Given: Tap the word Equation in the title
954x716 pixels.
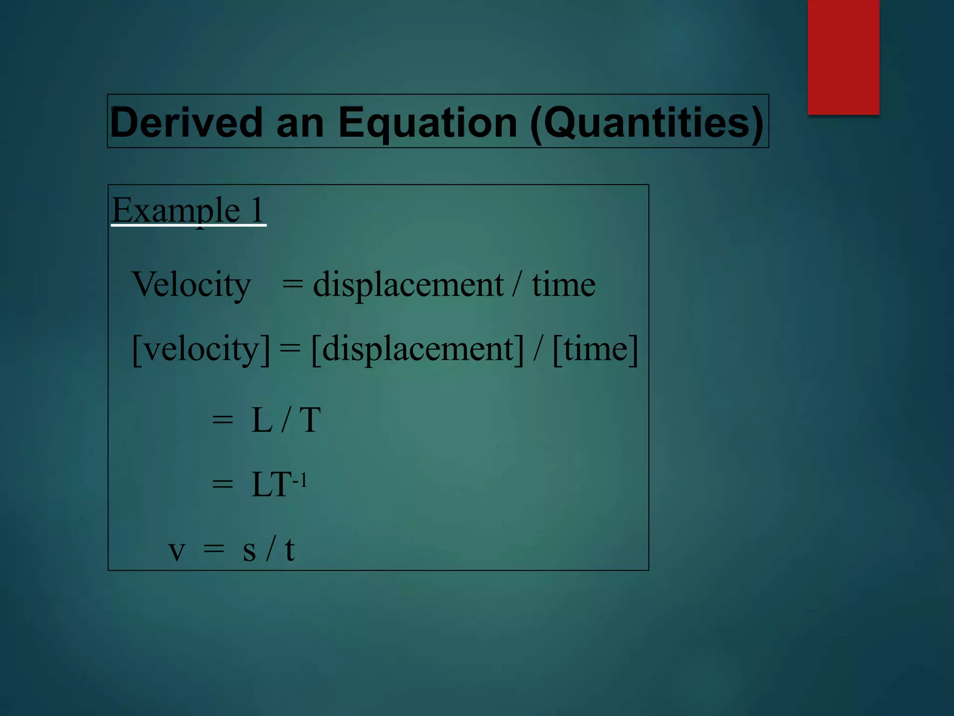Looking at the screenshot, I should pyautogui.click(x=428, y=122).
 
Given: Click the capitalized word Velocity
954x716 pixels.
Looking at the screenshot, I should pyautogui.click(x=191, y=284).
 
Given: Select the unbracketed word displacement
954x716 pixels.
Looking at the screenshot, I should pyautogui.click(x=408, y=284).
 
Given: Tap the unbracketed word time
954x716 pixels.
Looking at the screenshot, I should pyautogui.click(x=564, y=284).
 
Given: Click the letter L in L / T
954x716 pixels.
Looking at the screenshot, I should pyautogui.click(x=262, y=420).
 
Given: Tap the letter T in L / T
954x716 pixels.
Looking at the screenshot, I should pyautogui.click(x=310, y=420).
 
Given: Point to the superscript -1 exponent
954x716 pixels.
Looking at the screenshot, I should pyautogui.click(x=300, y=480).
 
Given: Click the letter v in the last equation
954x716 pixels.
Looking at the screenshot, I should pyautogui.click(x=177, y=550).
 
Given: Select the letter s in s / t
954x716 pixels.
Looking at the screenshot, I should pyautogui.click(x=249, y=550).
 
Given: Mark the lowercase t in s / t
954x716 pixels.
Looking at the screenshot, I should pyautogui.click(x=289, y=549).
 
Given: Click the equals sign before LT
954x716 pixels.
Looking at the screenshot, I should pyautogui.click(x=222, y=485).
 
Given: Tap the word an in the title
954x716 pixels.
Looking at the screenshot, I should pyautogui.click(x=300, y=122).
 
